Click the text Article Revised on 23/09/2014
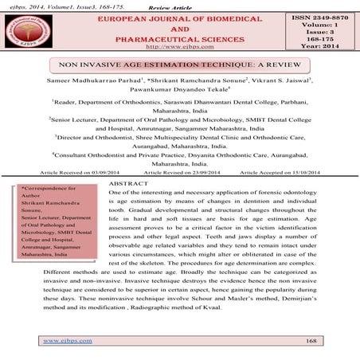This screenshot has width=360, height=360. point(181,171)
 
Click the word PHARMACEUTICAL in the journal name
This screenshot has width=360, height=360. point(173,37)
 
